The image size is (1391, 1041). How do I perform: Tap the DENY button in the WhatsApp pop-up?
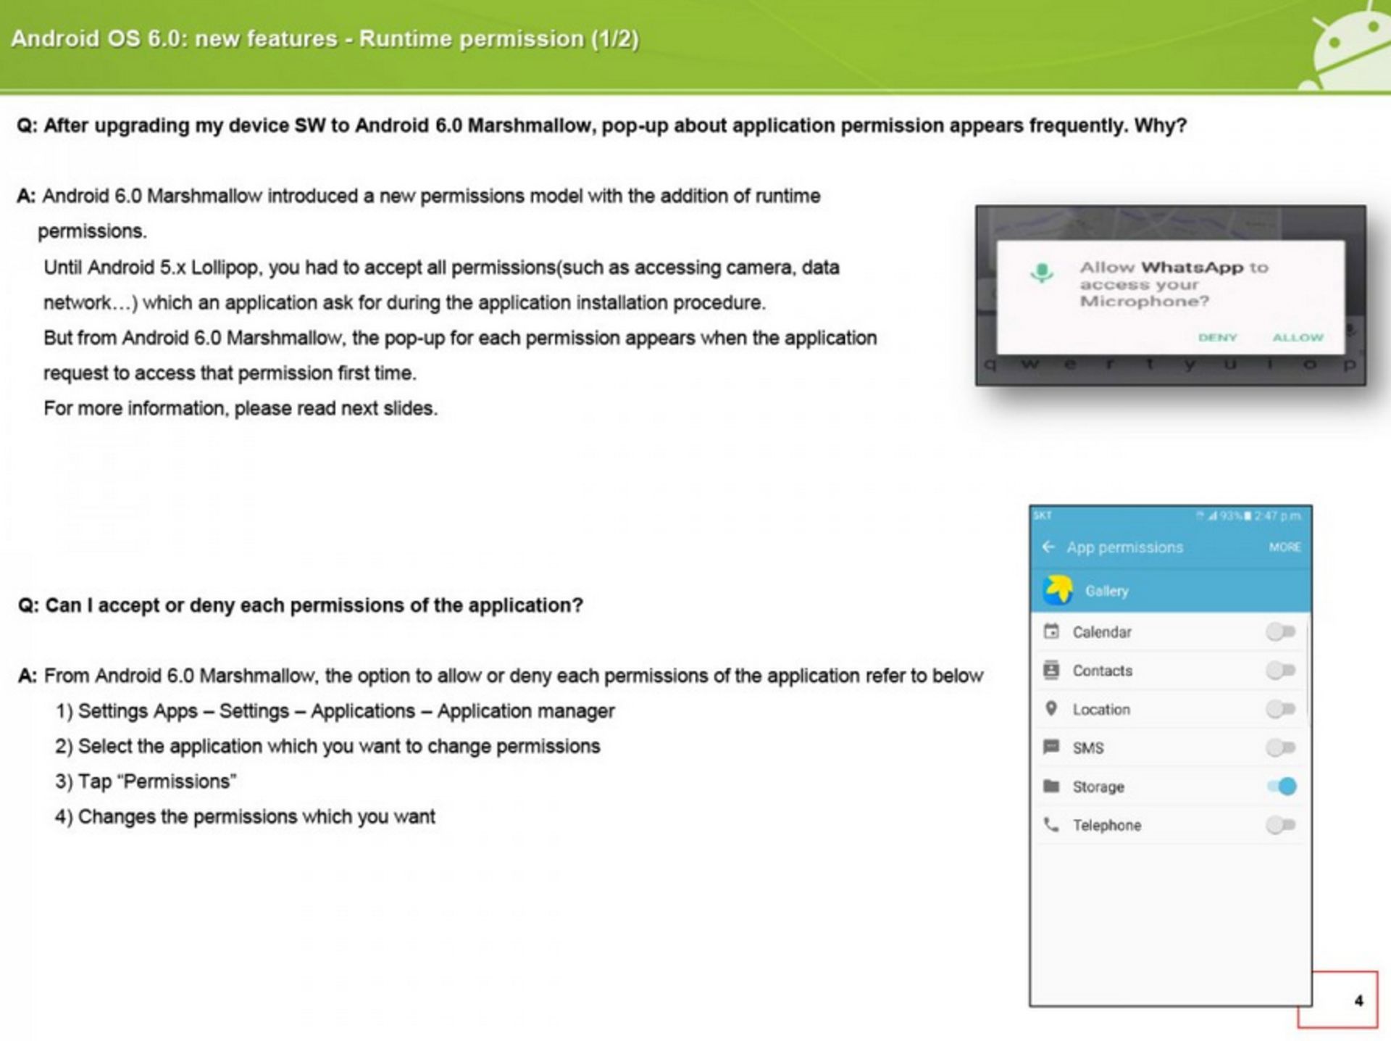(x=1217, y=338)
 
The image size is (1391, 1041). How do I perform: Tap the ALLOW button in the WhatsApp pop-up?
(x=1298, y=338)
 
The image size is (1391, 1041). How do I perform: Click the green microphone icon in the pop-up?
(x=1042, y=273)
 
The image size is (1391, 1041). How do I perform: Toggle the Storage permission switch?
(x=1282, y=787)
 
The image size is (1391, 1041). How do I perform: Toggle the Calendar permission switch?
(x=1280, y=632)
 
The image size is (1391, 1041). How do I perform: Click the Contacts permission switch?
(x=1280, y=671)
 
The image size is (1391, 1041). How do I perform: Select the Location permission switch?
(x=1280, y=709)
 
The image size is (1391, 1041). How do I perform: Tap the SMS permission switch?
(x=1280, y=747)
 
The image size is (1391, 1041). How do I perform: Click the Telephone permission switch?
(x=1280, y=825)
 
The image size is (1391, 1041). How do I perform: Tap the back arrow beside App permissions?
(x=1048, y=547)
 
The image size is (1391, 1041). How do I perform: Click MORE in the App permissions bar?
(x=1285, y=547)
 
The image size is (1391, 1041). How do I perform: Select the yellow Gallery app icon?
(x=1058, y=590)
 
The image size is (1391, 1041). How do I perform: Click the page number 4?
(x=1358, y=1001)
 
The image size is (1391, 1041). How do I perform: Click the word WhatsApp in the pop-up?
(x=1192, y=267)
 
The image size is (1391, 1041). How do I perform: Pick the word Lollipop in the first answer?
(x=224, y=268)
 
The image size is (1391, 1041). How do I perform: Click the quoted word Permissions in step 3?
(x=178, y=781)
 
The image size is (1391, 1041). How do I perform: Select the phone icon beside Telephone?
(x=1050, y=825)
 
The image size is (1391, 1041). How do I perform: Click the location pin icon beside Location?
(x=1051, y=708)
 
